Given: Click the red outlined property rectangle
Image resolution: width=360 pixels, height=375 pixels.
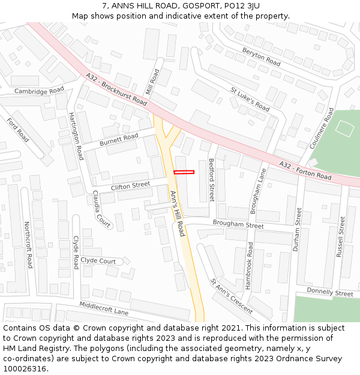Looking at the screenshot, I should coord(184,173).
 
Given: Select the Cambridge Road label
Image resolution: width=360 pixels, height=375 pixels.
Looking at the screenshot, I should coord(39,91).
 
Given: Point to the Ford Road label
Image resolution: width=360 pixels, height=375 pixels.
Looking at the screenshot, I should coord(17,130).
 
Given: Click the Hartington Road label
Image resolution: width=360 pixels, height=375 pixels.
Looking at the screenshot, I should coord(76,136).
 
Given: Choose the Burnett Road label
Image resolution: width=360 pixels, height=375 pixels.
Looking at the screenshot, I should coord(119,139).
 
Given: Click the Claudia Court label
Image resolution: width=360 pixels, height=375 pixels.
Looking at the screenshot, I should coord(101,209).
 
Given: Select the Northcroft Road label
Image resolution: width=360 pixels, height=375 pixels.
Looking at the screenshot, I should coord(28,245).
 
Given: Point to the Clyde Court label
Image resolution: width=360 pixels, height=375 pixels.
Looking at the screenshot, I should coord(98,261).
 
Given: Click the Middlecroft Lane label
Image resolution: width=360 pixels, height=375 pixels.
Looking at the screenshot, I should coord(104,308).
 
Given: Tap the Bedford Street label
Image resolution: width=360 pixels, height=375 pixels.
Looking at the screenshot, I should coord(211,180).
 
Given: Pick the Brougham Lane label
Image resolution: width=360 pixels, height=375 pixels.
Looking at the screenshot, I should coord(257,191).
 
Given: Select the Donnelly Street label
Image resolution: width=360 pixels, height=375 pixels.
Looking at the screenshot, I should coord(330,293).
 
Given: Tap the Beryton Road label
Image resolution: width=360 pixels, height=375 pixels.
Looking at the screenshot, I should coord(262,58).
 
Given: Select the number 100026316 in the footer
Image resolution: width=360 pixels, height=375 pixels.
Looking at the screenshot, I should coord(25,369).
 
